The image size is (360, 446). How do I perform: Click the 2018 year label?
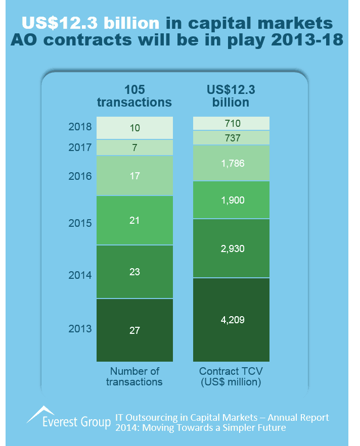tap(80, 127)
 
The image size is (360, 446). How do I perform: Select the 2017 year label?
tap(80, 147)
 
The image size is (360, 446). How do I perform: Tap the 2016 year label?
tap(80, 176)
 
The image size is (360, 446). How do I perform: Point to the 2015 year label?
tap(80, 223)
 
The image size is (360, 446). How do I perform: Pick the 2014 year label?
tap(80, 275)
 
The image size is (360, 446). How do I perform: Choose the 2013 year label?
tap(80, 329)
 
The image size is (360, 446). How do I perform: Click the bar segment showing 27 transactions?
tap(134, 330)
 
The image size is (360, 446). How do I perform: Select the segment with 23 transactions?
tap(134, 272)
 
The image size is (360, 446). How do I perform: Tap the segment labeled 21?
tap(134, 220)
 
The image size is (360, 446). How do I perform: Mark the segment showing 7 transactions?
tap(134, 147)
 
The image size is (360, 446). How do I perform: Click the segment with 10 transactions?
tap(134, 128)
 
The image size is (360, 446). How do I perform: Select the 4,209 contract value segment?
tap(232, 319)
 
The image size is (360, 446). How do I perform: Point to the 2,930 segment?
tap(232, 248)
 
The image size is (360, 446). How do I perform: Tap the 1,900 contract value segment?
tap(232, 200)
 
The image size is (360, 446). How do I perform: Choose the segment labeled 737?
tap(232, 138)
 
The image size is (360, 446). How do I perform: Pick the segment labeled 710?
tap(232, 123)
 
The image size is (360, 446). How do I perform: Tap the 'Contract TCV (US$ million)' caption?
tap(232, 377)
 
